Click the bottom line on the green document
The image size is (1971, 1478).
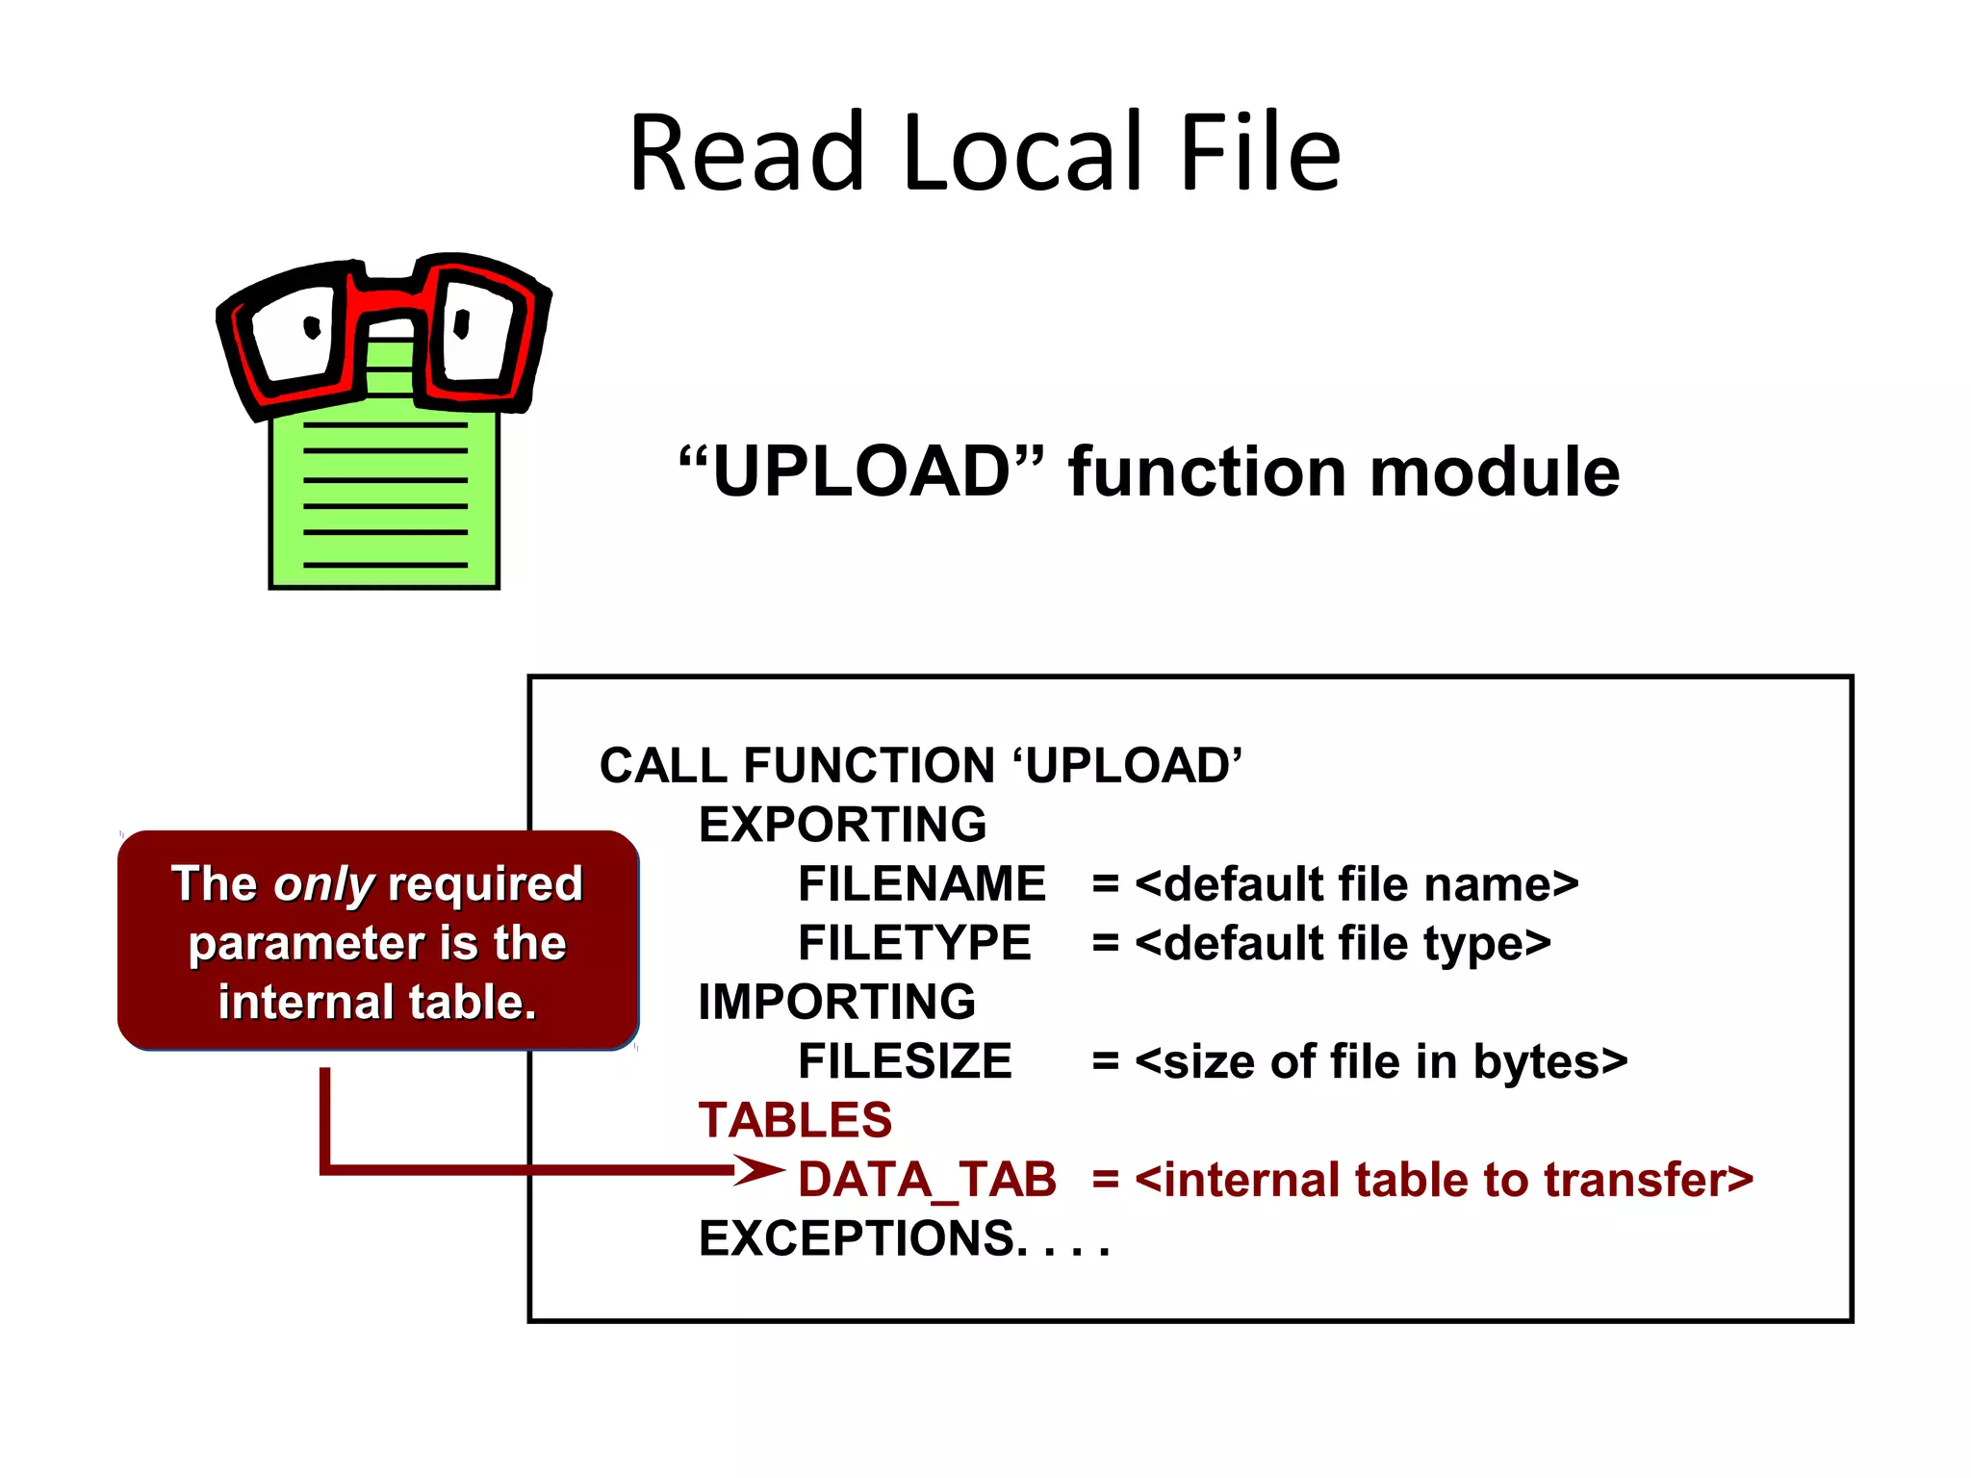coord(385,565)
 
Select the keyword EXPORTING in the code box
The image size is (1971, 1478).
coord(842,825)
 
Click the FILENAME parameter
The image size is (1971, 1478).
coord(921,883)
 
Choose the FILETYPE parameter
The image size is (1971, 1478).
coord(914,943)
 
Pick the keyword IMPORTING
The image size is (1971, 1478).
coord(836,1002)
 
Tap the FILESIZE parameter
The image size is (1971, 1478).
coord(905,1061)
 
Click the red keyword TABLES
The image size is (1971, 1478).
coord(795,1120)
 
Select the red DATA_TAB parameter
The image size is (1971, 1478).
coord(927,1180)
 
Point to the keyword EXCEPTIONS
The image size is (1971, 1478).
coord(857,1238)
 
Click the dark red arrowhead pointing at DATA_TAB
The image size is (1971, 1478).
coord(760,1170)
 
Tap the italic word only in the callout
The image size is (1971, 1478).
coord(323,884)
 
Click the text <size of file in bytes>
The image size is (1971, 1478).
coord(1381,1061)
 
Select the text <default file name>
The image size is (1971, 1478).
coord(1357,883)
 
